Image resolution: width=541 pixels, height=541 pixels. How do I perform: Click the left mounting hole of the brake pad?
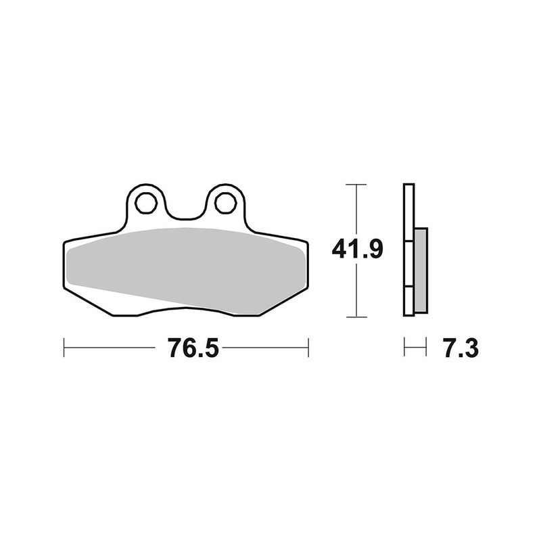[x=145, y=202]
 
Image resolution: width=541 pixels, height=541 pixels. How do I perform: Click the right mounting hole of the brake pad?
[x=225, y=202]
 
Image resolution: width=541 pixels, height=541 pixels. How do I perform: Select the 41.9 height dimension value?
[x=358, y=250]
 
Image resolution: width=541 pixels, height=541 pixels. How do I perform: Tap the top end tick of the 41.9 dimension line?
[x=356, y=184]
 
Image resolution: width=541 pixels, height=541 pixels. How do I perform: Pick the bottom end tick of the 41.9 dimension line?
[x=356, y=316]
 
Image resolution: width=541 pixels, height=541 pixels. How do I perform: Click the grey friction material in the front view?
[x=183, y=267]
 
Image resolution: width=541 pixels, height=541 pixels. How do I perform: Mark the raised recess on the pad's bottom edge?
[x=183, y=310]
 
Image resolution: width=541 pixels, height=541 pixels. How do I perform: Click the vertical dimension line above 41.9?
[x=356, y=210]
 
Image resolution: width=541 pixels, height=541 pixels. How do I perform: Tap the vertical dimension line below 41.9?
[x=356, y=291]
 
